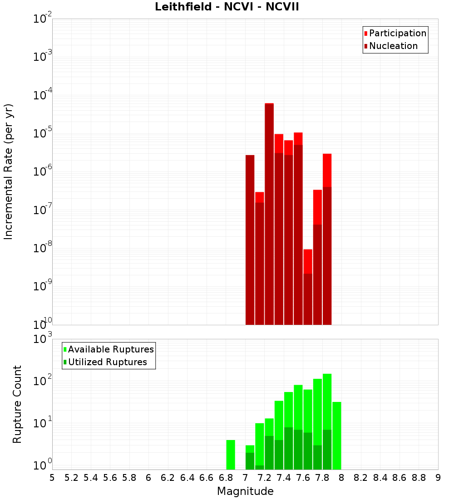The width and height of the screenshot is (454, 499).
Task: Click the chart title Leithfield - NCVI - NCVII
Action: coord(227,7)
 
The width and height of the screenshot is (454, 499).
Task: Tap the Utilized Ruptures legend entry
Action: coord(107,362)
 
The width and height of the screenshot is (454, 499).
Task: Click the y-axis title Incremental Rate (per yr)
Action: coord(9,171)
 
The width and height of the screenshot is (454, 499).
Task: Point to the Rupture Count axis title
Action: coord(17,404)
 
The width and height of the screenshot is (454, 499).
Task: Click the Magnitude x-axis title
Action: coord(245,491)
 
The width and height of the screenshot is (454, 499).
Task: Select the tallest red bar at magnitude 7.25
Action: coord(269,213)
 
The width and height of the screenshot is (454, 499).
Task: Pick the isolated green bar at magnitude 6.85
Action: coord(231,455)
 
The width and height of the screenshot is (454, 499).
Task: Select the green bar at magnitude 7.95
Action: coord(336,435)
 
